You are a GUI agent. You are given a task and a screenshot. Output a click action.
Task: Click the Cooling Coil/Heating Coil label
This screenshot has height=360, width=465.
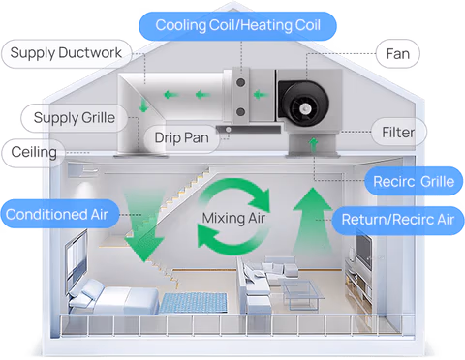click(237, 26)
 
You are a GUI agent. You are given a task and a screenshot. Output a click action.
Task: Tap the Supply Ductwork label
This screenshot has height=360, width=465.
click(67, 53)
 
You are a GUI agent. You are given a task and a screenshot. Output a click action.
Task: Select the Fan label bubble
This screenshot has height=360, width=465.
click(398, 53)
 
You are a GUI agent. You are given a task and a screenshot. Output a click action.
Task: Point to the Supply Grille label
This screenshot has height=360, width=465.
click(75, 118)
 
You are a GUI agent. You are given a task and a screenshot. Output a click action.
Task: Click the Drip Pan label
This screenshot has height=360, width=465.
click(181, 138)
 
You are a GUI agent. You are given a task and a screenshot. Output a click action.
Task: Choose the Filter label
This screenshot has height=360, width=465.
click(398, 132)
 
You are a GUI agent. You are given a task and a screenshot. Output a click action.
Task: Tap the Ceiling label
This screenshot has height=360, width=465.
click(34, 152)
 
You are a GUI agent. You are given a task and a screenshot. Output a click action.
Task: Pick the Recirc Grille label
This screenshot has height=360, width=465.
click(414, 181)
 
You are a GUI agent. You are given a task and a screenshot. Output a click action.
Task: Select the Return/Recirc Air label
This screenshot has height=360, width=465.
click(398, 220)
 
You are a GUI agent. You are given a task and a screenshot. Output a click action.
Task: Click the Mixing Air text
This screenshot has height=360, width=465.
click(233, 218)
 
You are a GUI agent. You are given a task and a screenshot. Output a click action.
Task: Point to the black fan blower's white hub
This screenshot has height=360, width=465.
click(305, 108)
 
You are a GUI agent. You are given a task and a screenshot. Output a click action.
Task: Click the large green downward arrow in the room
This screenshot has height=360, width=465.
click(144, 225)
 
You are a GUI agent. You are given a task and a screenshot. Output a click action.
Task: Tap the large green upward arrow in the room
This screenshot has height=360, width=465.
click(313, 220)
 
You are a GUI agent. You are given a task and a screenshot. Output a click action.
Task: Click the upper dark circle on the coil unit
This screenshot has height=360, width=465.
click(240, 82)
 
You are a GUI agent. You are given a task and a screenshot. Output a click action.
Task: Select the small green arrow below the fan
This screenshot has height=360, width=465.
click(313, 145)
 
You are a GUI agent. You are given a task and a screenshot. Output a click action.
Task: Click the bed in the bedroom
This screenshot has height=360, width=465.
click(113, 297)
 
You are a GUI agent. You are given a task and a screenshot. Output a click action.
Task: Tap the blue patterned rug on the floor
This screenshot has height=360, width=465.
click(193, 303)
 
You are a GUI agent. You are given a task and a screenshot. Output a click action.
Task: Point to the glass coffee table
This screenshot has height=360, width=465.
click(302, 292)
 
